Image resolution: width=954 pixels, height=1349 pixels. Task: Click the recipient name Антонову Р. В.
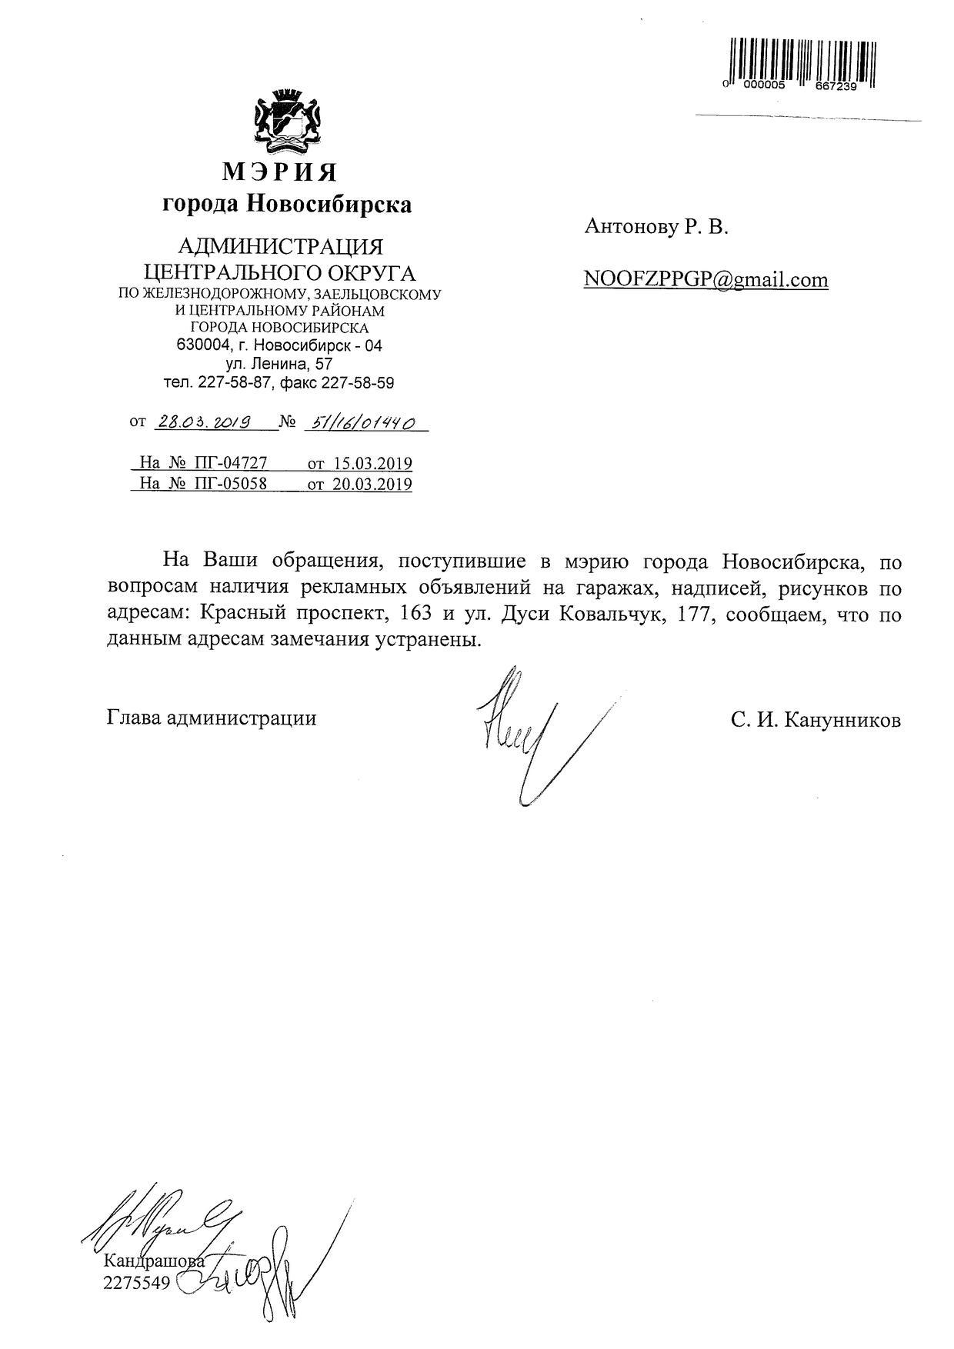655,227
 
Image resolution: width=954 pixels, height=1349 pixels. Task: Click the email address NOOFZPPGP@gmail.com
705,279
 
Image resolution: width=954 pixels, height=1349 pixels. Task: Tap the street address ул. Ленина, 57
279,364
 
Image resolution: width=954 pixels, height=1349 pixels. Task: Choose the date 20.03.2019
372,484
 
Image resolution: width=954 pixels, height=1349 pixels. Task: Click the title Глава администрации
212,718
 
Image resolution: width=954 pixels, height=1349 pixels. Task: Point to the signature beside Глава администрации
523,731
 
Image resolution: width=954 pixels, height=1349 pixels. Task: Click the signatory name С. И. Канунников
816,720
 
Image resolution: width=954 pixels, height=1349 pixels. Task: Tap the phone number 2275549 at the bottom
135,1283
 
